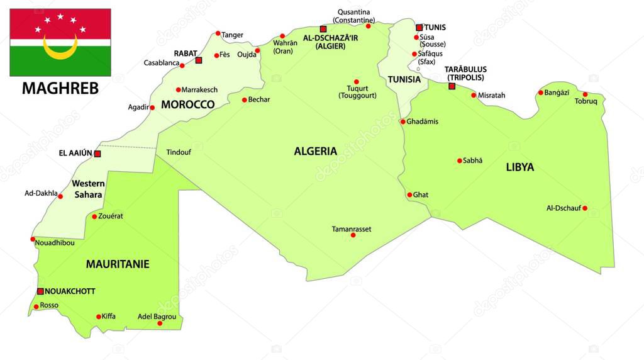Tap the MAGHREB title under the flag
click(60, 88)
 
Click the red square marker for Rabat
click(199, 60)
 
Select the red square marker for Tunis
click(419, 28)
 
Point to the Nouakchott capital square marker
click(40, 291)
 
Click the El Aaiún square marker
click(97, 154)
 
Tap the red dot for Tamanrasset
click(353, 235)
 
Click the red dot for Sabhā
click(460, 160)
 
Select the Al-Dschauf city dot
click(585, 208)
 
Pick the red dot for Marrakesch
click(179, 90)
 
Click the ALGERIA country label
click(316, 151)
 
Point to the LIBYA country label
click(519, 167)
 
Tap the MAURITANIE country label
click(118, 264)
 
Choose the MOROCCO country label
click(187, 104)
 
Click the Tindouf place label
click(179, 152)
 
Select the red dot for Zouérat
click(94, 217)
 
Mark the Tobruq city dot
click(585, 94)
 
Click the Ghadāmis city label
click(423, 121)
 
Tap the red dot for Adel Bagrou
click(160, 323)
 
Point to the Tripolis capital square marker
click(452, 86)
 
